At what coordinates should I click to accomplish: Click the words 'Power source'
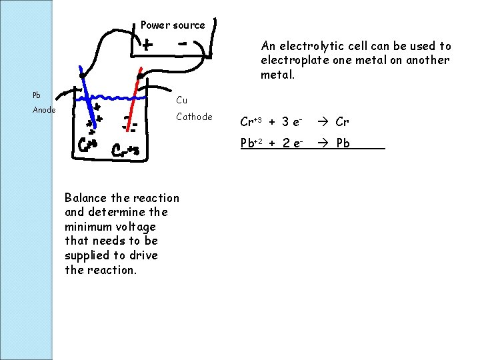click(173, 25)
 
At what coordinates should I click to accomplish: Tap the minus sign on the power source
click(182, 41)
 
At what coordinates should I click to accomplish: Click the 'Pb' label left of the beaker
click(37, 95)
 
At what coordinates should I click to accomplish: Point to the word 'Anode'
click(44, 111)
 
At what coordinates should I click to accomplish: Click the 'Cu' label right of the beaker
click(181, 101)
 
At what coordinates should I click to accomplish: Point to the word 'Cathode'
click(194, 117)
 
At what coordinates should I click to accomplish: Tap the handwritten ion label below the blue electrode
click(88, 144)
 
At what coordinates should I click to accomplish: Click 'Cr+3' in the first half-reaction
click(251, 121)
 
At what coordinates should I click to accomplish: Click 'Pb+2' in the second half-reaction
click(252, 143)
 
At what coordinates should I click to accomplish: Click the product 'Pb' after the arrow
click(343, 143)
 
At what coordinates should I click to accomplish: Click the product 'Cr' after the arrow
click(343, 121)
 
